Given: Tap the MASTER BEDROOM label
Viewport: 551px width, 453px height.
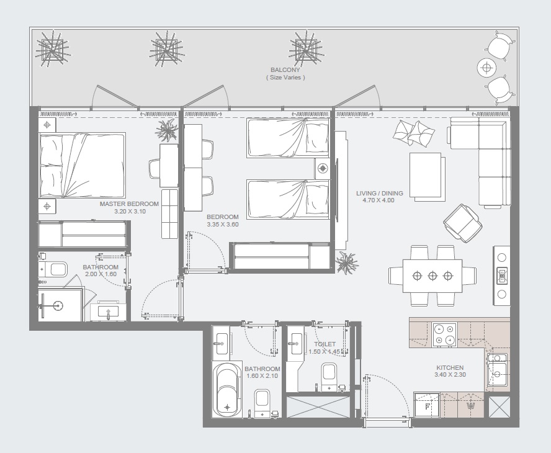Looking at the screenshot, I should click(129, 204).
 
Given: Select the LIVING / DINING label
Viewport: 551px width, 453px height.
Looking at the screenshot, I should click(379, 193).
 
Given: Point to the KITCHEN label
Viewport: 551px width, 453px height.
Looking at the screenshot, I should click(449, 368).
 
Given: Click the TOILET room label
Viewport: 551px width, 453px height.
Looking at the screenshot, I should click(325, 344).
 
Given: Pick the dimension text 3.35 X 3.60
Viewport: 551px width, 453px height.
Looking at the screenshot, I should click(222, 225).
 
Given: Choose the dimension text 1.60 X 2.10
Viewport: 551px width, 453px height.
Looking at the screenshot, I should click(262, 376).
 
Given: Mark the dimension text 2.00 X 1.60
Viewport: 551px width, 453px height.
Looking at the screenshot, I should click(100, 275).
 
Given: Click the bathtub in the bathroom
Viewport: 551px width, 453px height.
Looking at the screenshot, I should click(227, 389).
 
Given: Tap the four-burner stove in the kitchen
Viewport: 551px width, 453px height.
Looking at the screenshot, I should click(444, 334).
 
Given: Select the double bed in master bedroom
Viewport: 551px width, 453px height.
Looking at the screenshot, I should click(82, 165).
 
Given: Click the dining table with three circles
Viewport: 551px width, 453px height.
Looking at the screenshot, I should click(432, 276).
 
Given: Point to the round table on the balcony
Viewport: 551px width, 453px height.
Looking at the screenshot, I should click(486, 67).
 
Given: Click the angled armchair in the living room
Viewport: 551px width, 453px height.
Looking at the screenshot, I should click(462, 222).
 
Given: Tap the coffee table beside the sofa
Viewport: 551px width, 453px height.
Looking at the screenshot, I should click(426, 176).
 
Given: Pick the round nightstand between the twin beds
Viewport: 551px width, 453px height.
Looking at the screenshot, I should click(321, 168).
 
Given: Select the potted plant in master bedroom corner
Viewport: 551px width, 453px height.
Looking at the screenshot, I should click(166, 130).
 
